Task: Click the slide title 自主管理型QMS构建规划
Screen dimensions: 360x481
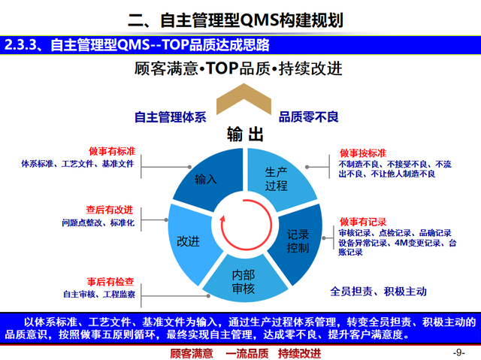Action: point(240,18)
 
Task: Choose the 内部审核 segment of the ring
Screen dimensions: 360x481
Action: point(243,279)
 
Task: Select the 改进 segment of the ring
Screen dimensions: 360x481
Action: point(188,241)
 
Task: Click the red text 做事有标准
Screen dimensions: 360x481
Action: point(110,150)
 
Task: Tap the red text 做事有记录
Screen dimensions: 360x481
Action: point(362,222)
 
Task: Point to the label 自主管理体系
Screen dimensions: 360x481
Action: point(170,116)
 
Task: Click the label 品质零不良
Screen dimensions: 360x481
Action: point(310,116)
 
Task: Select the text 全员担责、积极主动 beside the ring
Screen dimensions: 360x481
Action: point(378,290)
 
